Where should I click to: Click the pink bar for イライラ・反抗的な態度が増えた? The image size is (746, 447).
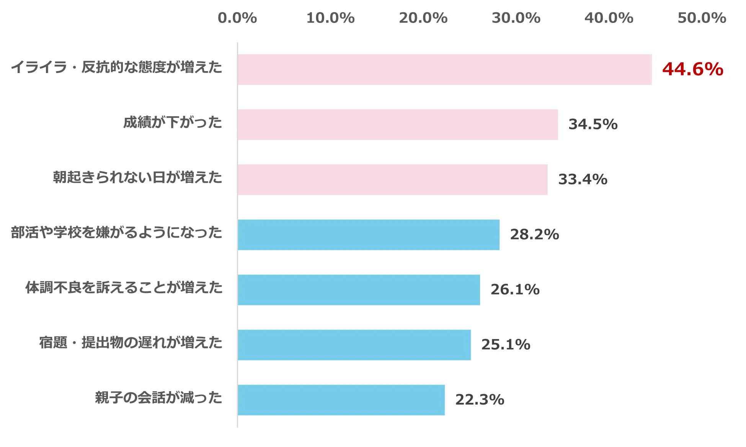(x=444, y=70)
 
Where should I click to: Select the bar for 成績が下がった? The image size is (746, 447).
(x=398, y=125)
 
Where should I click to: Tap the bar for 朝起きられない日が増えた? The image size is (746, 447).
(x=392, y=180)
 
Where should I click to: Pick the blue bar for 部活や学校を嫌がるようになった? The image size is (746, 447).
(x=369, y=235)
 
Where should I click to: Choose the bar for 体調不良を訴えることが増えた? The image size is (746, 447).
(x=359, y=290)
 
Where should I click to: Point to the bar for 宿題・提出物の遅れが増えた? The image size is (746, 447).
(x=354, y=345)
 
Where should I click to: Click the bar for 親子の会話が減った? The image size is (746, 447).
(x=341, y=400)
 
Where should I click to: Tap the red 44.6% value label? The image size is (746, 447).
(x=692, y=69)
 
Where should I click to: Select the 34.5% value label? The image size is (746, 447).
(x=593, y=124)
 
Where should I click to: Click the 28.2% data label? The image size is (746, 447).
(x=534, y=234)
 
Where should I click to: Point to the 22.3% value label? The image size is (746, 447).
(x=480, y=400)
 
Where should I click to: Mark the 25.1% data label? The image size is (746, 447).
(x=506, y=345)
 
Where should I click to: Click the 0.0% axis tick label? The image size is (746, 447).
(x=237, y=18)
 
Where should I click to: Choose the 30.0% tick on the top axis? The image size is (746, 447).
(x=516, y=18)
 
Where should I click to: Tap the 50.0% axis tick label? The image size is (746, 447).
(x=702, y=18)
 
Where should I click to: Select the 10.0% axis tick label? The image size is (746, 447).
(x=330, y=18)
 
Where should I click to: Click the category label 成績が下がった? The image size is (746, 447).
(x=173, y=122)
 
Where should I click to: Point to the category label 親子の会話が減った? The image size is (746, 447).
(x=158, y=398)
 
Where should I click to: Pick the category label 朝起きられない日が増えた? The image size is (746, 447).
(x=137, y=177)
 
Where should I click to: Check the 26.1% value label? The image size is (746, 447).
(x=515, y=289)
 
